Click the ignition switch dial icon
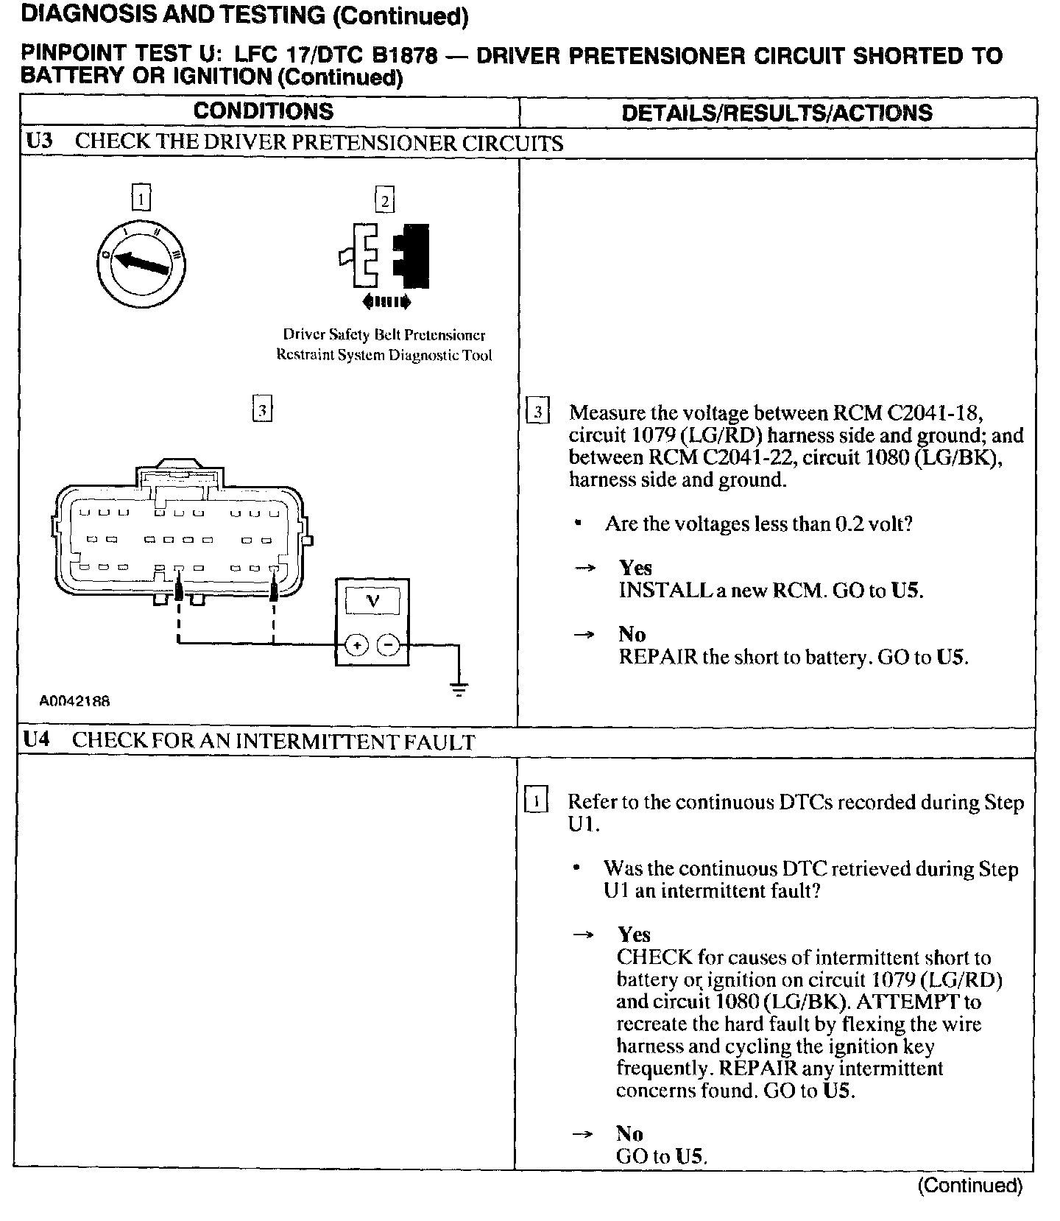click(x=141, y=262)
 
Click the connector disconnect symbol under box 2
click(x=385, y=254)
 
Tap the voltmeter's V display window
click(x=372, y=601)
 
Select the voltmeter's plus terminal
click(x=356, y=646)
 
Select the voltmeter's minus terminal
click(x=389, y=646)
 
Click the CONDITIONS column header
click(x=264, y=111)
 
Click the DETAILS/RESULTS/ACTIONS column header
click(x=777, y=113)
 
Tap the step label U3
click(x=39, y=141)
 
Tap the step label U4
click(x=37, y=740)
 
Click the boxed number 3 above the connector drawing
click(x=262, y=409)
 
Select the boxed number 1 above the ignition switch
click(x=141, y=198)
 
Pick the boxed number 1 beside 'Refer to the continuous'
click(x=536, y=800)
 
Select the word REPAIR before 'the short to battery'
click(x=657, y=657)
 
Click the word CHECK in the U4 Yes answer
click(x=655, y=957)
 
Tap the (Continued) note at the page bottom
click(x=970, y=1185)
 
